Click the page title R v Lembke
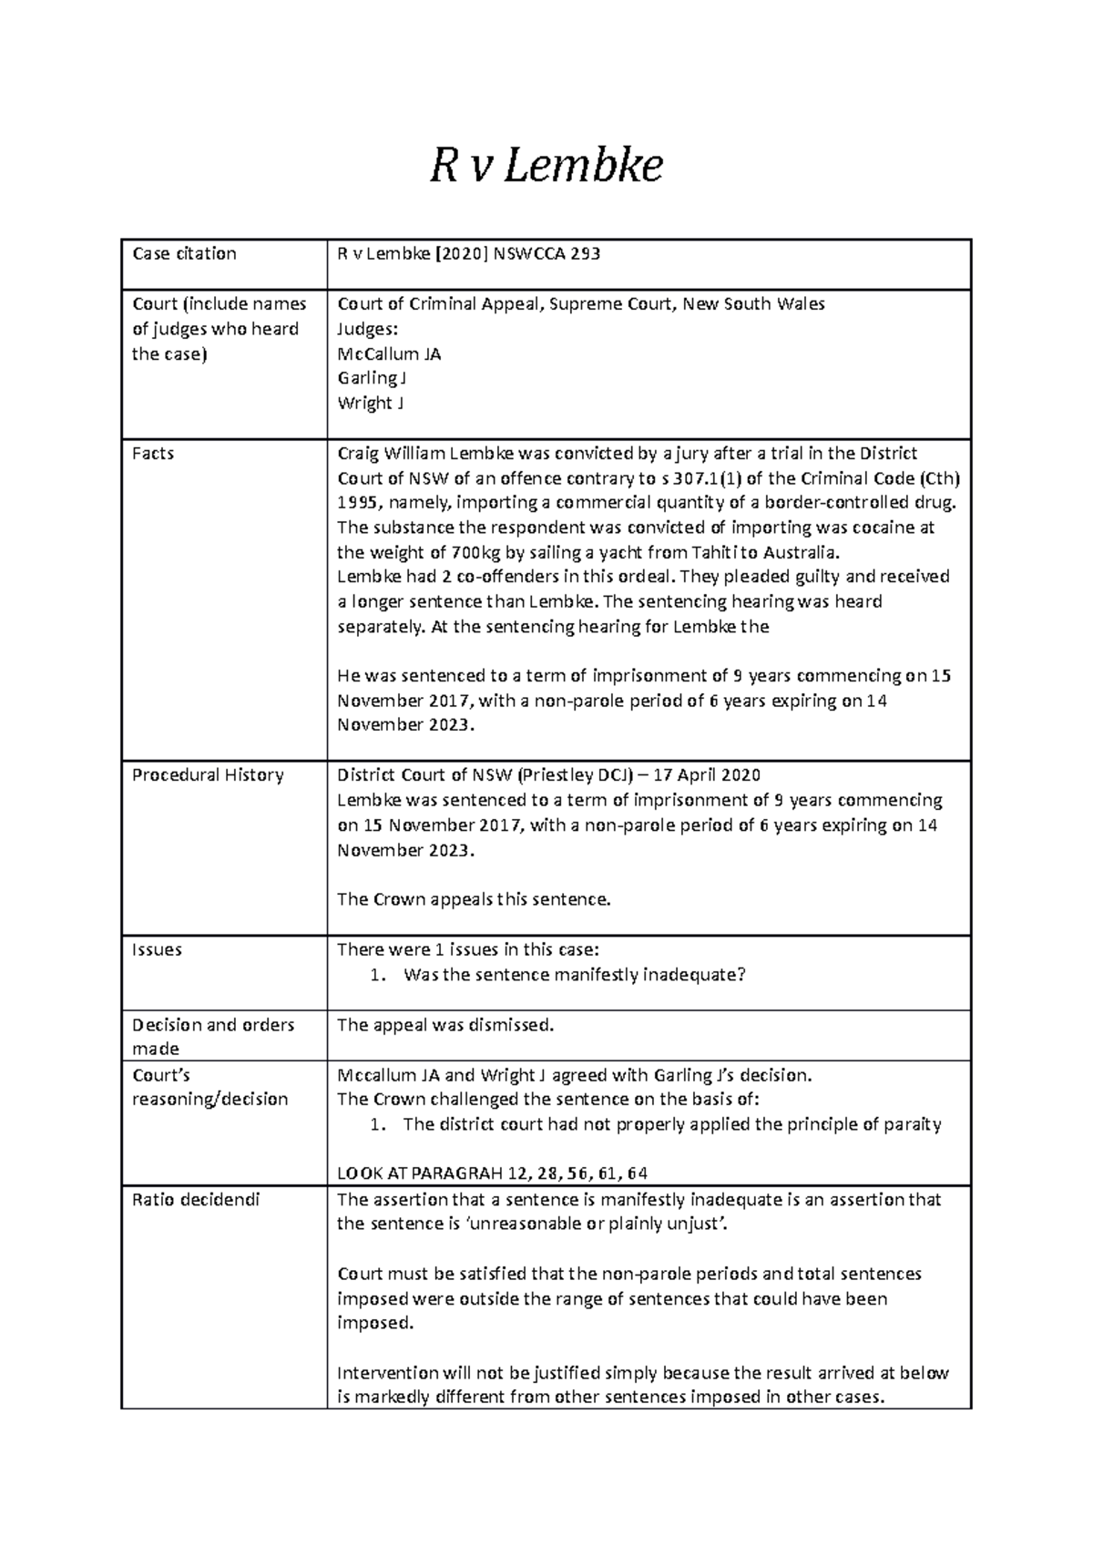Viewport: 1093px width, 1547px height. pyautogui.click(x=546, y=167)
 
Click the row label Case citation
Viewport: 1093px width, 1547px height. pyautogui.click(x=184, y=254)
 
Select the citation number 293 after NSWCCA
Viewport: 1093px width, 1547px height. pyautogui.click(x=585, y=254)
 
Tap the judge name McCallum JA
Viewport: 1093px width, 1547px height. pyautogui.click(x=389, y=354)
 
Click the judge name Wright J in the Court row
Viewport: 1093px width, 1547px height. pyautogui.click(x=370, y=404)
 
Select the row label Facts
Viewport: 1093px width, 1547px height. pyautogui.click(x=153, y=454)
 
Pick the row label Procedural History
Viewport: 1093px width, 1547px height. pyautogui.click(x=208, y=775)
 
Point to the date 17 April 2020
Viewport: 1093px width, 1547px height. pyautogui.click(x=704, y=775)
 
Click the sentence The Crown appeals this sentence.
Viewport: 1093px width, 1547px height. pyautogui.click(x=474, y=900)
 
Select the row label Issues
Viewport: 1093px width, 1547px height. pyautogui.click(x=157, y=950)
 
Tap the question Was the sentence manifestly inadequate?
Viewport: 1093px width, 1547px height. pyautogui.click(x=574, y=976)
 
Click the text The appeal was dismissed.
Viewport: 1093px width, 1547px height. pyautogui.click(x=445, y=1026)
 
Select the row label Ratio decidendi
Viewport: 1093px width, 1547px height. pyautogui.click(x=196, y=1201)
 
